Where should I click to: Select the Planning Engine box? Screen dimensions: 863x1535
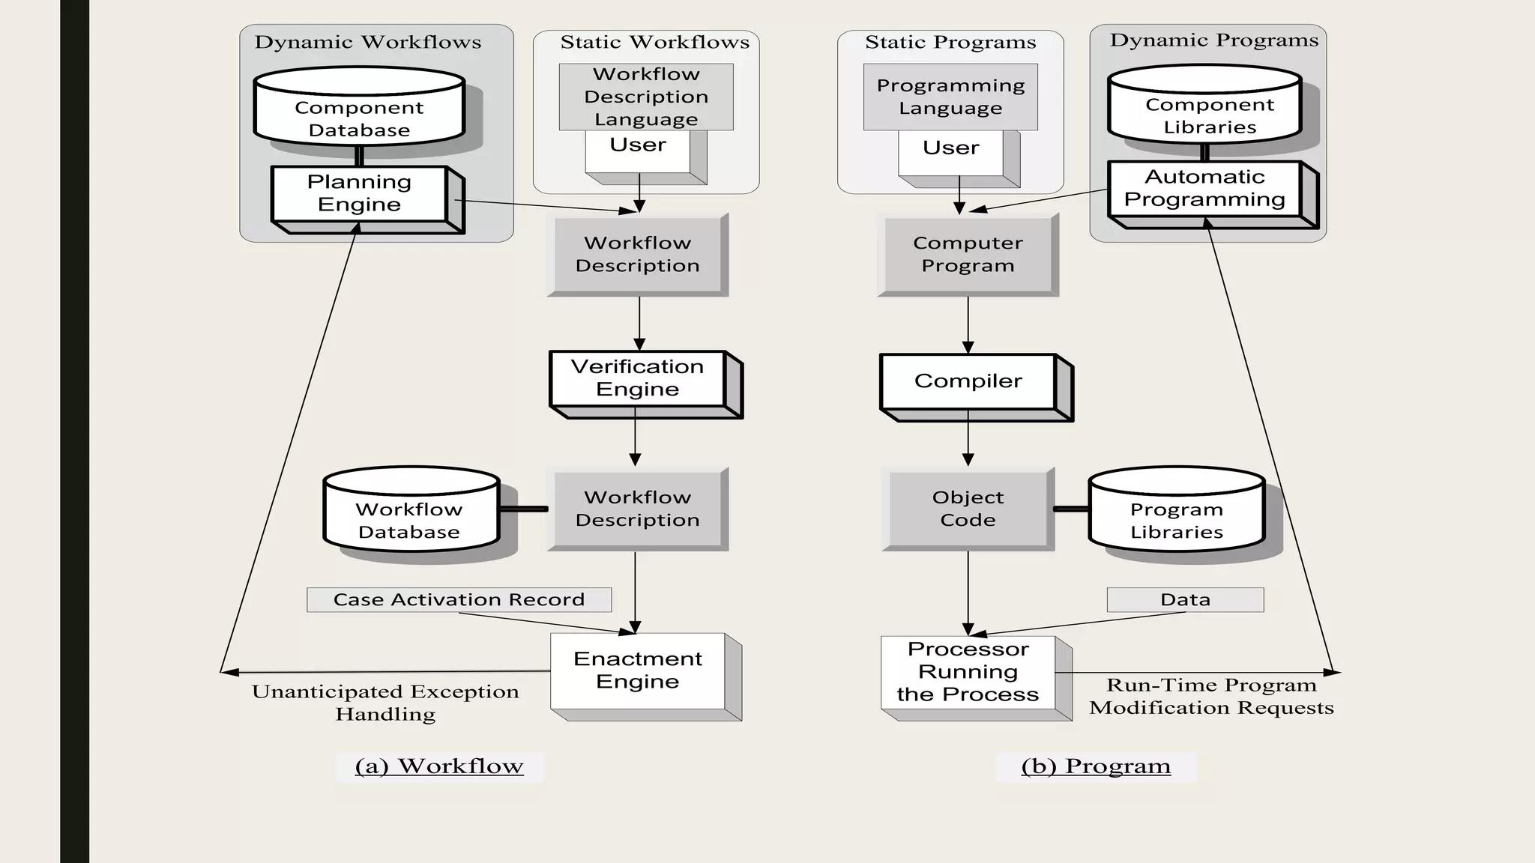[360, 194]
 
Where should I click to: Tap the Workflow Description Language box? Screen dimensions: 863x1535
[646, 97]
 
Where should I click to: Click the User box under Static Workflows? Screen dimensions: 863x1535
[638, 152]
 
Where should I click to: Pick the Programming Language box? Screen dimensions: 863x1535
[950, 97]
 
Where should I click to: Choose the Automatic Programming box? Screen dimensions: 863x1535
[1204, 189]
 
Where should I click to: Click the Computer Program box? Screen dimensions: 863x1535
[968, 254]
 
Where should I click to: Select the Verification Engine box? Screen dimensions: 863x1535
[638, 378]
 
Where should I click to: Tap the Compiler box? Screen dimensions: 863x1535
[968, 381]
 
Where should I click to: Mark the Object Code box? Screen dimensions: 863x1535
[968, 509]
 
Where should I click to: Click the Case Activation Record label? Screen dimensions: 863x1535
[459, 599]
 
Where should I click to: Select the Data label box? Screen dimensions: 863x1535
[1185, 599]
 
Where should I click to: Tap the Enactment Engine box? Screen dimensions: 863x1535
[638, 670]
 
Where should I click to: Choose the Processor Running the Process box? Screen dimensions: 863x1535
[968, 672]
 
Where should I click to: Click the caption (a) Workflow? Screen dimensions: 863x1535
[439, 766]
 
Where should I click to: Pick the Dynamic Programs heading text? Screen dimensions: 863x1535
[1213, 40]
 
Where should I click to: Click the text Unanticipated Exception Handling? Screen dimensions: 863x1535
[385, 703]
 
